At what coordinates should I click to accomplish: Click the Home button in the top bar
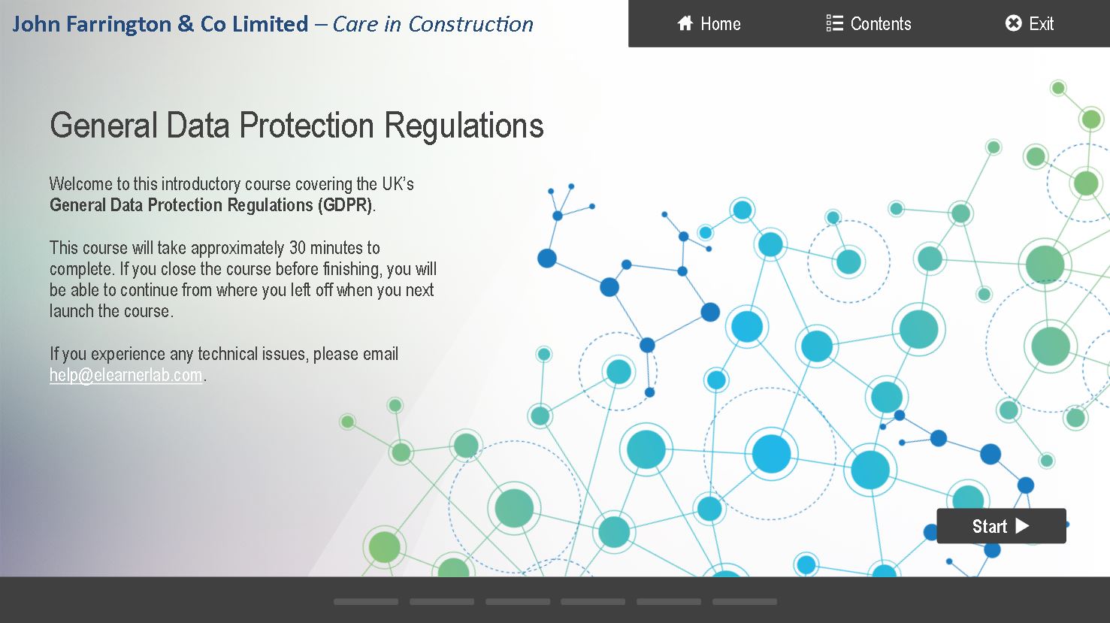pyautogui.click(x=709, y=23)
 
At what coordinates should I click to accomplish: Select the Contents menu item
pyautogui.click(x=869, y=23)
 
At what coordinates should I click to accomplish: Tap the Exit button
pyautogui.click(x=1030, y=23)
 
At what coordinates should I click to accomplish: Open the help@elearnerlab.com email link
pyautogui.click(x=126, y=375)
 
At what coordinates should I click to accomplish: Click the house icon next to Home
pyautogui.click(x=685, y=23)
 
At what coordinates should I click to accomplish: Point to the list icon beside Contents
pyautogui.click(x=834, y=23)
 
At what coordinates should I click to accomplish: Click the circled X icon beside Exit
pyautogui.click(x=1013, y=23)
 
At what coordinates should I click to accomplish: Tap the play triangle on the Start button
pyautogui.click(x=1022, y=526)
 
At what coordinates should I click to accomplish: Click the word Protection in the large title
pyautogui.click(x=306, y=125)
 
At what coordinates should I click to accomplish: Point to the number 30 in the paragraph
pyautogui.click(x=298, y=248)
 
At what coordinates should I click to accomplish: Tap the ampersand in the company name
pyautogui.click(x=186, y=24)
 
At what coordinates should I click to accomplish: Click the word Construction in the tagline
pyautogui.click(x=470, y=24)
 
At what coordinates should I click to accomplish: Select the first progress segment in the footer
pyautogui.click(x=366, y=602)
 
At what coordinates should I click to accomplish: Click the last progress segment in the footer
pyautogui.click(x=744, y=602)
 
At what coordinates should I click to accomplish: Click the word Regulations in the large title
pyautogui.click(x=464, y=126)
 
